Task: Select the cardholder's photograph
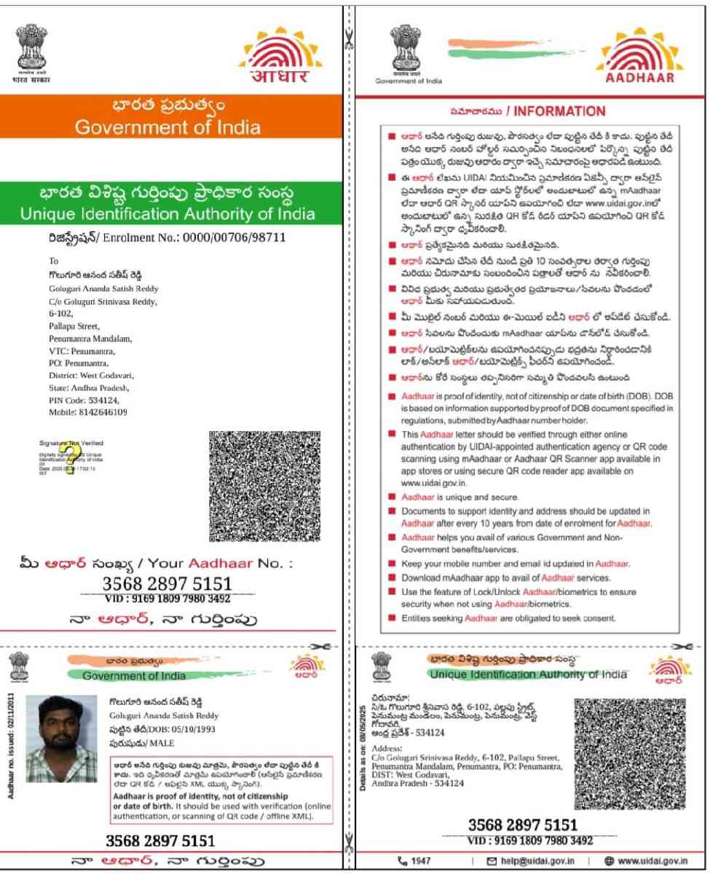61,739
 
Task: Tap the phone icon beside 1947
402,861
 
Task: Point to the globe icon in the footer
608,861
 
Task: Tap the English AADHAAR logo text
641,79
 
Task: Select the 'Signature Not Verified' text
71,442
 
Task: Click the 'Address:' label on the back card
386,748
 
